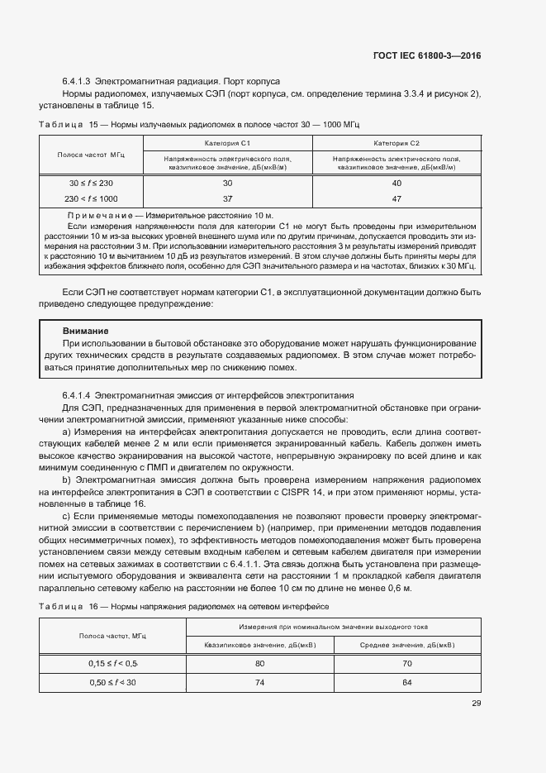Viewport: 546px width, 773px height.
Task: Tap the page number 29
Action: click(476, 704)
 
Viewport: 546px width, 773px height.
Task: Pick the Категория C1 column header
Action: click(227, 143)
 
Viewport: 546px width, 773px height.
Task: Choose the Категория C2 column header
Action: click(396, 143)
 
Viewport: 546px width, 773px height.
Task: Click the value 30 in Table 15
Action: click(227, 183)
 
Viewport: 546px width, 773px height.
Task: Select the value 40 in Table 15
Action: click(396, 183)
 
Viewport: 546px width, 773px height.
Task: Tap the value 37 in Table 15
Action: click(227, 198)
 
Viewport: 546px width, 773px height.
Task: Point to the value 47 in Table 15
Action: click(396, 198)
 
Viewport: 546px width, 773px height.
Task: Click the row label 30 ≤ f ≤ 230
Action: click(91, 183)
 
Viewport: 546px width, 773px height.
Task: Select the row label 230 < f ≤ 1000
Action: click(91, 198)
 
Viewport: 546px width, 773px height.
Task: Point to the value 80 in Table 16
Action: click(259, 663)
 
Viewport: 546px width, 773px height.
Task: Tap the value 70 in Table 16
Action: click(407, 663)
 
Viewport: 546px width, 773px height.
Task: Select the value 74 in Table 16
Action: click(259, 682)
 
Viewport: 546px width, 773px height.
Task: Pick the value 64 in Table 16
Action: click(407, 682)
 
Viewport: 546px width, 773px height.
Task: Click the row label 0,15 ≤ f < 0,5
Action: click(113, 663)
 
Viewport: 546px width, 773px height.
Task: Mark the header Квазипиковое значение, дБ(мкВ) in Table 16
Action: click(259, 645)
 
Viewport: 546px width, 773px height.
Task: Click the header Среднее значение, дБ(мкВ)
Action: click(407, 645)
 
